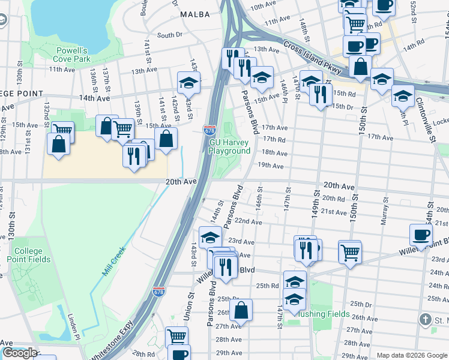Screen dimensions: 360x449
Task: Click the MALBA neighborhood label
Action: click(194, 14)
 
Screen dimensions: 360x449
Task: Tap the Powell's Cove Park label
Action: click(72, 55)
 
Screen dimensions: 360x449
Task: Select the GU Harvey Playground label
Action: click(229, 147)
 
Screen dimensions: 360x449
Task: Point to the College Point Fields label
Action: click(28, 255)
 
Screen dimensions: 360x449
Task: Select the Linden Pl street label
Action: click(73, 328)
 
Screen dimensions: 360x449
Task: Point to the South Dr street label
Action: click(169, 35)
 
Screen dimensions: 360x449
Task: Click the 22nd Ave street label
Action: click(248, 222)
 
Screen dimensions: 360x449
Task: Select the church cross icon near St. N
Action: click(426, 319)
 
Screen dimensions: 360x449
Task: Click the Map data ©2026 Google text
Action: click(411, 355)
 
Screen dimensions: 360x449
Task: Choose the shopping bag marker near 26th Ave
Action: click(241, 310)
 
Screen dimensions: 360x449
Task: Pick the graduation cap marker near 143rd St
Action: click(188, 82)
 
